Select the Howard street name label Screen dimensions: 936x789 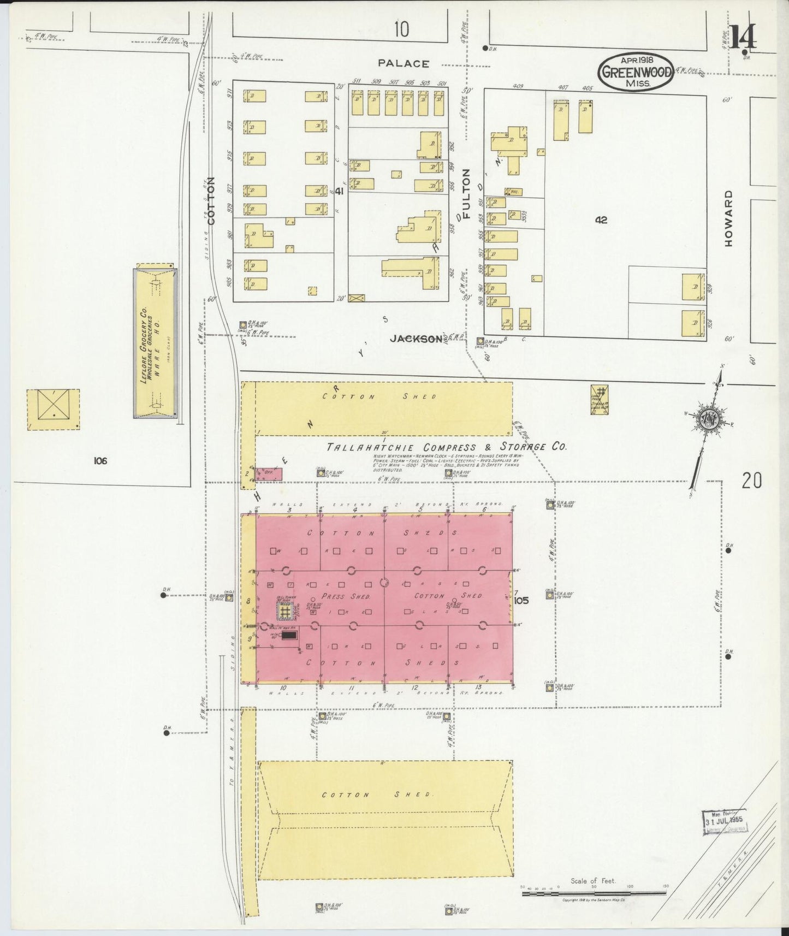pos(728,218)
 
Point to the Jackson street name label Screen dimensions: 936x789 pos(416,339)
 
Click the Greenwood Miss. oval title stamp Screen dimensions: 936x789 pos(636,72)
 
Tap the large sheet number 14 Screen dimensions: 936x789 pos(744,38)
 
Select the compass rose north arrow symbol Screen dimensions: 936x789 pos(708,419)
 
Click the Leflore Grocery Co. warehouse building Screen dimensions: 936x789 pos(156,343)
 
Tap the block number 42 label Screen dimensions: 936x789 pos(601,220)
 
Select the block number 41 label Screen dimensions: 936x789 pos(339,191)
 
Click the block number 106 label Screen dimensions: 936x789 pos(99,460)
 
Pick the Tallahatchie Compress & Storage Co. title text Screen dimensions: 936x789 pos(446,447)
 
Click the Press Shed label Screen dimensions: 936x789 pos(339,596)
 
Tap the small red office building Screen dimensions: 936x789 pos(269,473)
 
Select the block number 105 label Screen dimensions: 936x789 pos(521,601)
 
